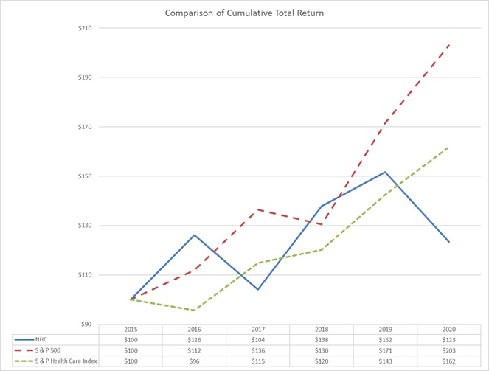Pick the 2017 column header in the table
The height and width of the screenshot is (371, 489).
pos(258,329)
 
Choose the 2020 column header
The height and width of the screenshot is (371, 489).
pos(448,329)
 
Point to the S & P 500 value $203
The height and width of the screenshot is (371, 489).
pos(448,349)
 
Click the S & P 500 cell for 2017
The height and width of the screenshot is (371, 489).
pos(258,349)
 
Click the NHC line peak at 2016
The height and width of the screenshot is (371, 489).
pos(195,235)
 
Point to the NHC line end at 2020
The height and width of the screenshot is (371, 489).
pos(448,242)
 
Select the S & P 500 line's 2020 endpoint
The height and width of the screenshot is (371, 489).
pos(448,46)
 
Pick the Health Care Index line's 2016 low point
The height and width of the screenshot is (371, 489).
pos(195,310)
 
